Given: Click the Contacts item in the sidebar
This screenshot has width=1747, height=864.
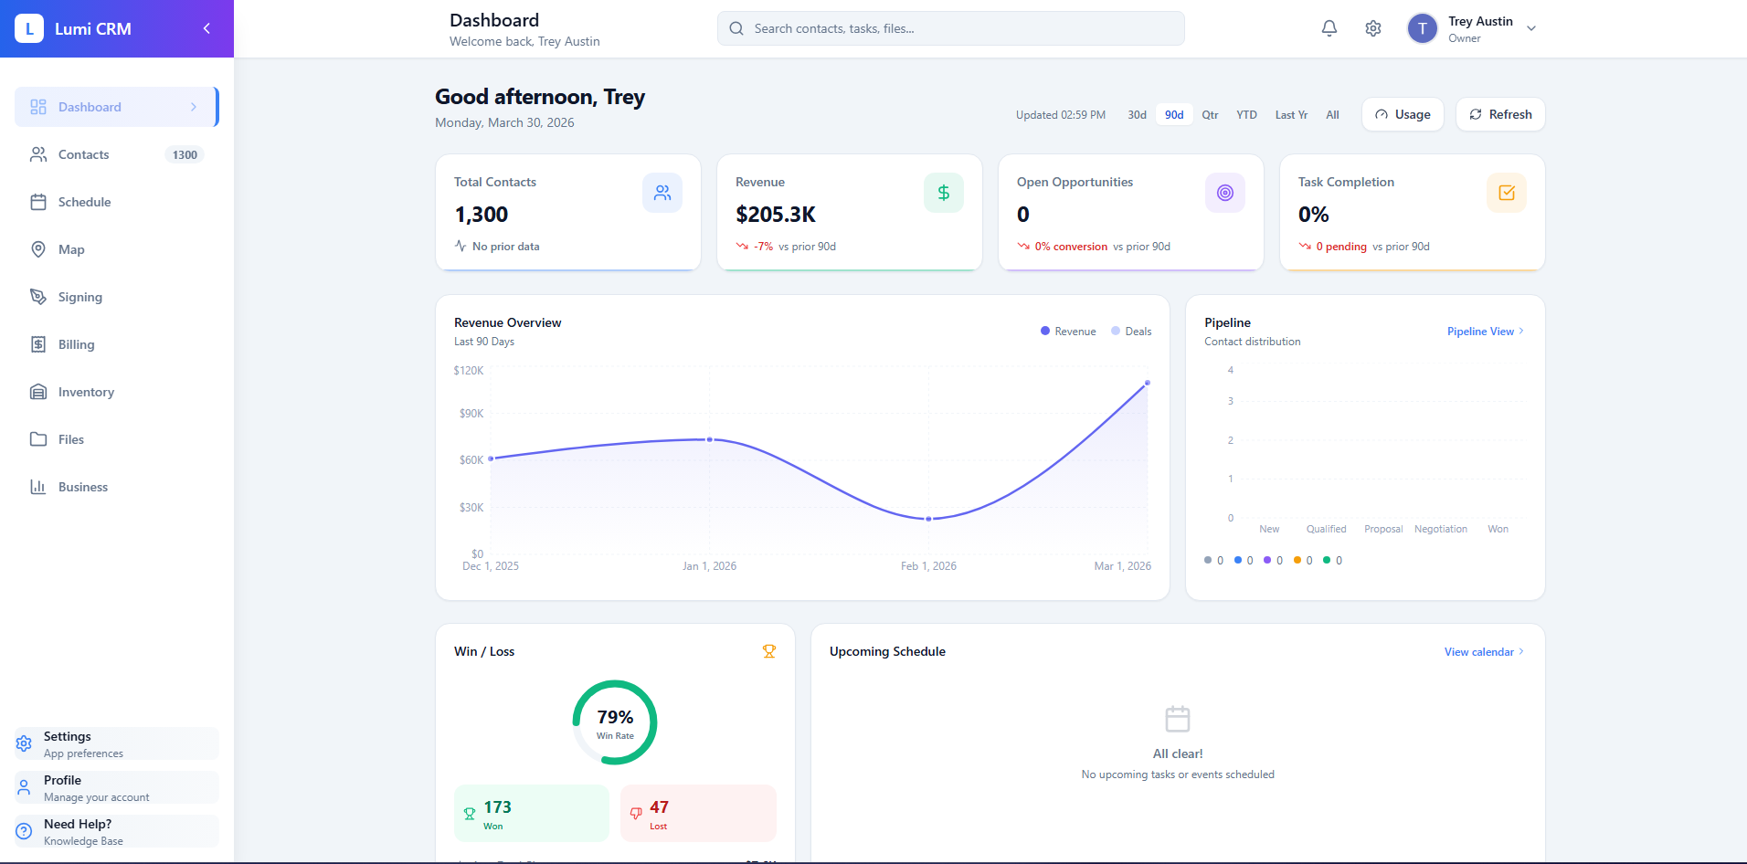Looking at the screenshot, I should tap(84, 154).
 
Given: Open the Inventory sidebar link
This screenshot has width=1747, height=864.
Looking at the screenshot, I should tap(86, 392).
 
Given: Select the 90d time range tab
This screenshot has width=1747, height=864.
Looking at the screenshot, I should tap(1174, 115).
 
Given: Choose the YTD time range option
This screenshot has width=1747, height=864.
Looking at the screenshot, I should tap(1246, 115).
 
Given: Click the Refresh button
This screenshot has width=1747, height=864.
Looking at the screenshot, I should tap(1500, 114).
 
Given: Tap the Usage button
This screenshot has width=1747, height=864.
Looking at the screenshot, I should tap(1403, 114).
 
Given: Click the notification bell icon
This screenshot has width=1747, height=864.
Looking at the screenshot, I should tap(1329, 28).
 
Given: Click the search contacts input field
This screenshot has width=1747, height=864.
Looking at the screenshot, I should tap(950, 28).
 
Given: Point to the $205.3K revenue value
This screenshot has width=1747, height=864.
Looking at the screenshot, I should tap(776, 215).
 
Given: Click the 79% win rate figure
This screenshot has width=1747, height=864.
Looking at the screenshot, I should tap(615, 718).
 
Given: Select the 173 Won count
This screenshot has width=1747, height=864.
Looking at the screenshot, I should tap(498, 807).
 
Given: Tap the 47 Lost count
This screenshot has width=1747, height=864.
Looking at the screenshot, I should tap(659, 807).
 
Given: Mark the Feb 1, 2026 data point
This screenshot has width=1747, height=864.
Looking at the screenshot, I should tap(929, 519).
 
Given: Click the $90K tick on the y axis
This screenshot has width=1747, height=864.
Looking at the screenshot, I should tap(471, 414).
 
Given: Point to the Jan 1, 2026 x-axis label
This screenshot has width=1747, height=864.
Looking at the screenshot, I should tap(709, 566).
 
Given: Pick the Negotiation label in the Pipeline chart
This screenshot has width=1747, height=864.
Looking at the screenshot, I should tap(1441, 529).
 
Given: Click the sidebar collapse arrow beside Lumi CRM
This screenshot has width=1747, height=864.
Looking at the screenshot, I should tap(206, 28).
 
